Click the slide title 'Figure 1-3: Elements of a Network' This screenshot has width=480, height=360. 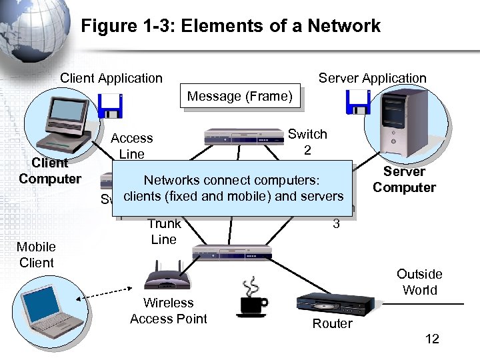coord(231,27)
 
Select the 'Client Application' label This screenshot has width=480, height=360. coord(111,78)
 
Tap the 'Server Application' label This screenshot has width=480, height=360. coord(372,78)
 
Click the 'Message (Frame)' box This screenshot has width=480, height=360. coord(239,97)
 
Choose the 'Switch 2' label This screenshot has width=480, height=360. coord(307,142)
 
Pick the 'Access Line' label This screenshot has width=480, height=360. coord(131,146)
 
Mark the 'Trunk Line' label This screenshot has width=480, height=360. coord(163,232)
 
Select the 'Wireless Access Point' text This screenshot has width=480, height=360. coord(169,311)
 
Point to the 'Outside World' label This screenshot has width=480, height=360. coord(419,282)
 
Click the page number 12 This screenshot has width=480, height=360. coord(432,339)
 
